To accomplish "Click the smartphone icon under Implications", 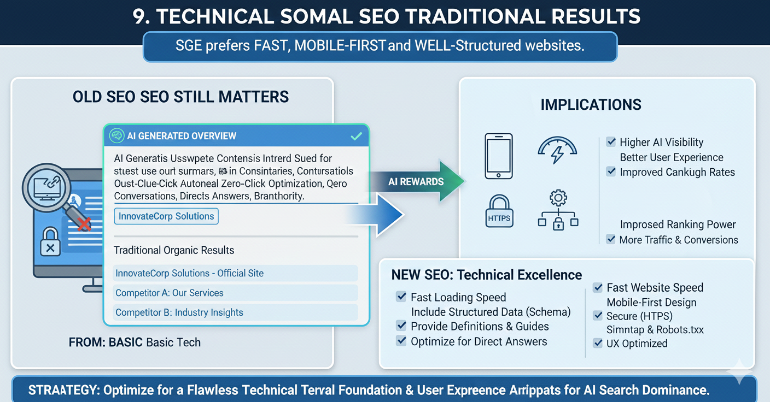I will coord(499,156).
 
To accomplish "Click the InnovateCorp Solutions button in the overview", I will coord(166,216).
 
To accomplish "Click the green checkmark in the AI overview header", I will coord(356,136).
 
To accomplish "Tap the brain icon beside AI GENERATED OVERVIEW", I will coord(115,136).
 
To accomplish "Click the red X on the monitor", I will coord(84,223).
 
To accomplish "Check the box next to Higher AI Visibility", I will coord(611,143).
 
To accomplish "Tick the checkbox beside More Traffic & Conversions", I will coord(611,240).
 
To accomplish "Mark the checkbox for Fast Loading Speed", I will coord(401,297).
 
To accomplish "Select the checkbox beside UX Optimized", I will coord(598,344).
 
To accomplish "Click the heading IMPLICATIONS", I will coord(591,104).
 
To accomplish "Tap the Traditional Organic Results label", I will coord(174,251).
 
